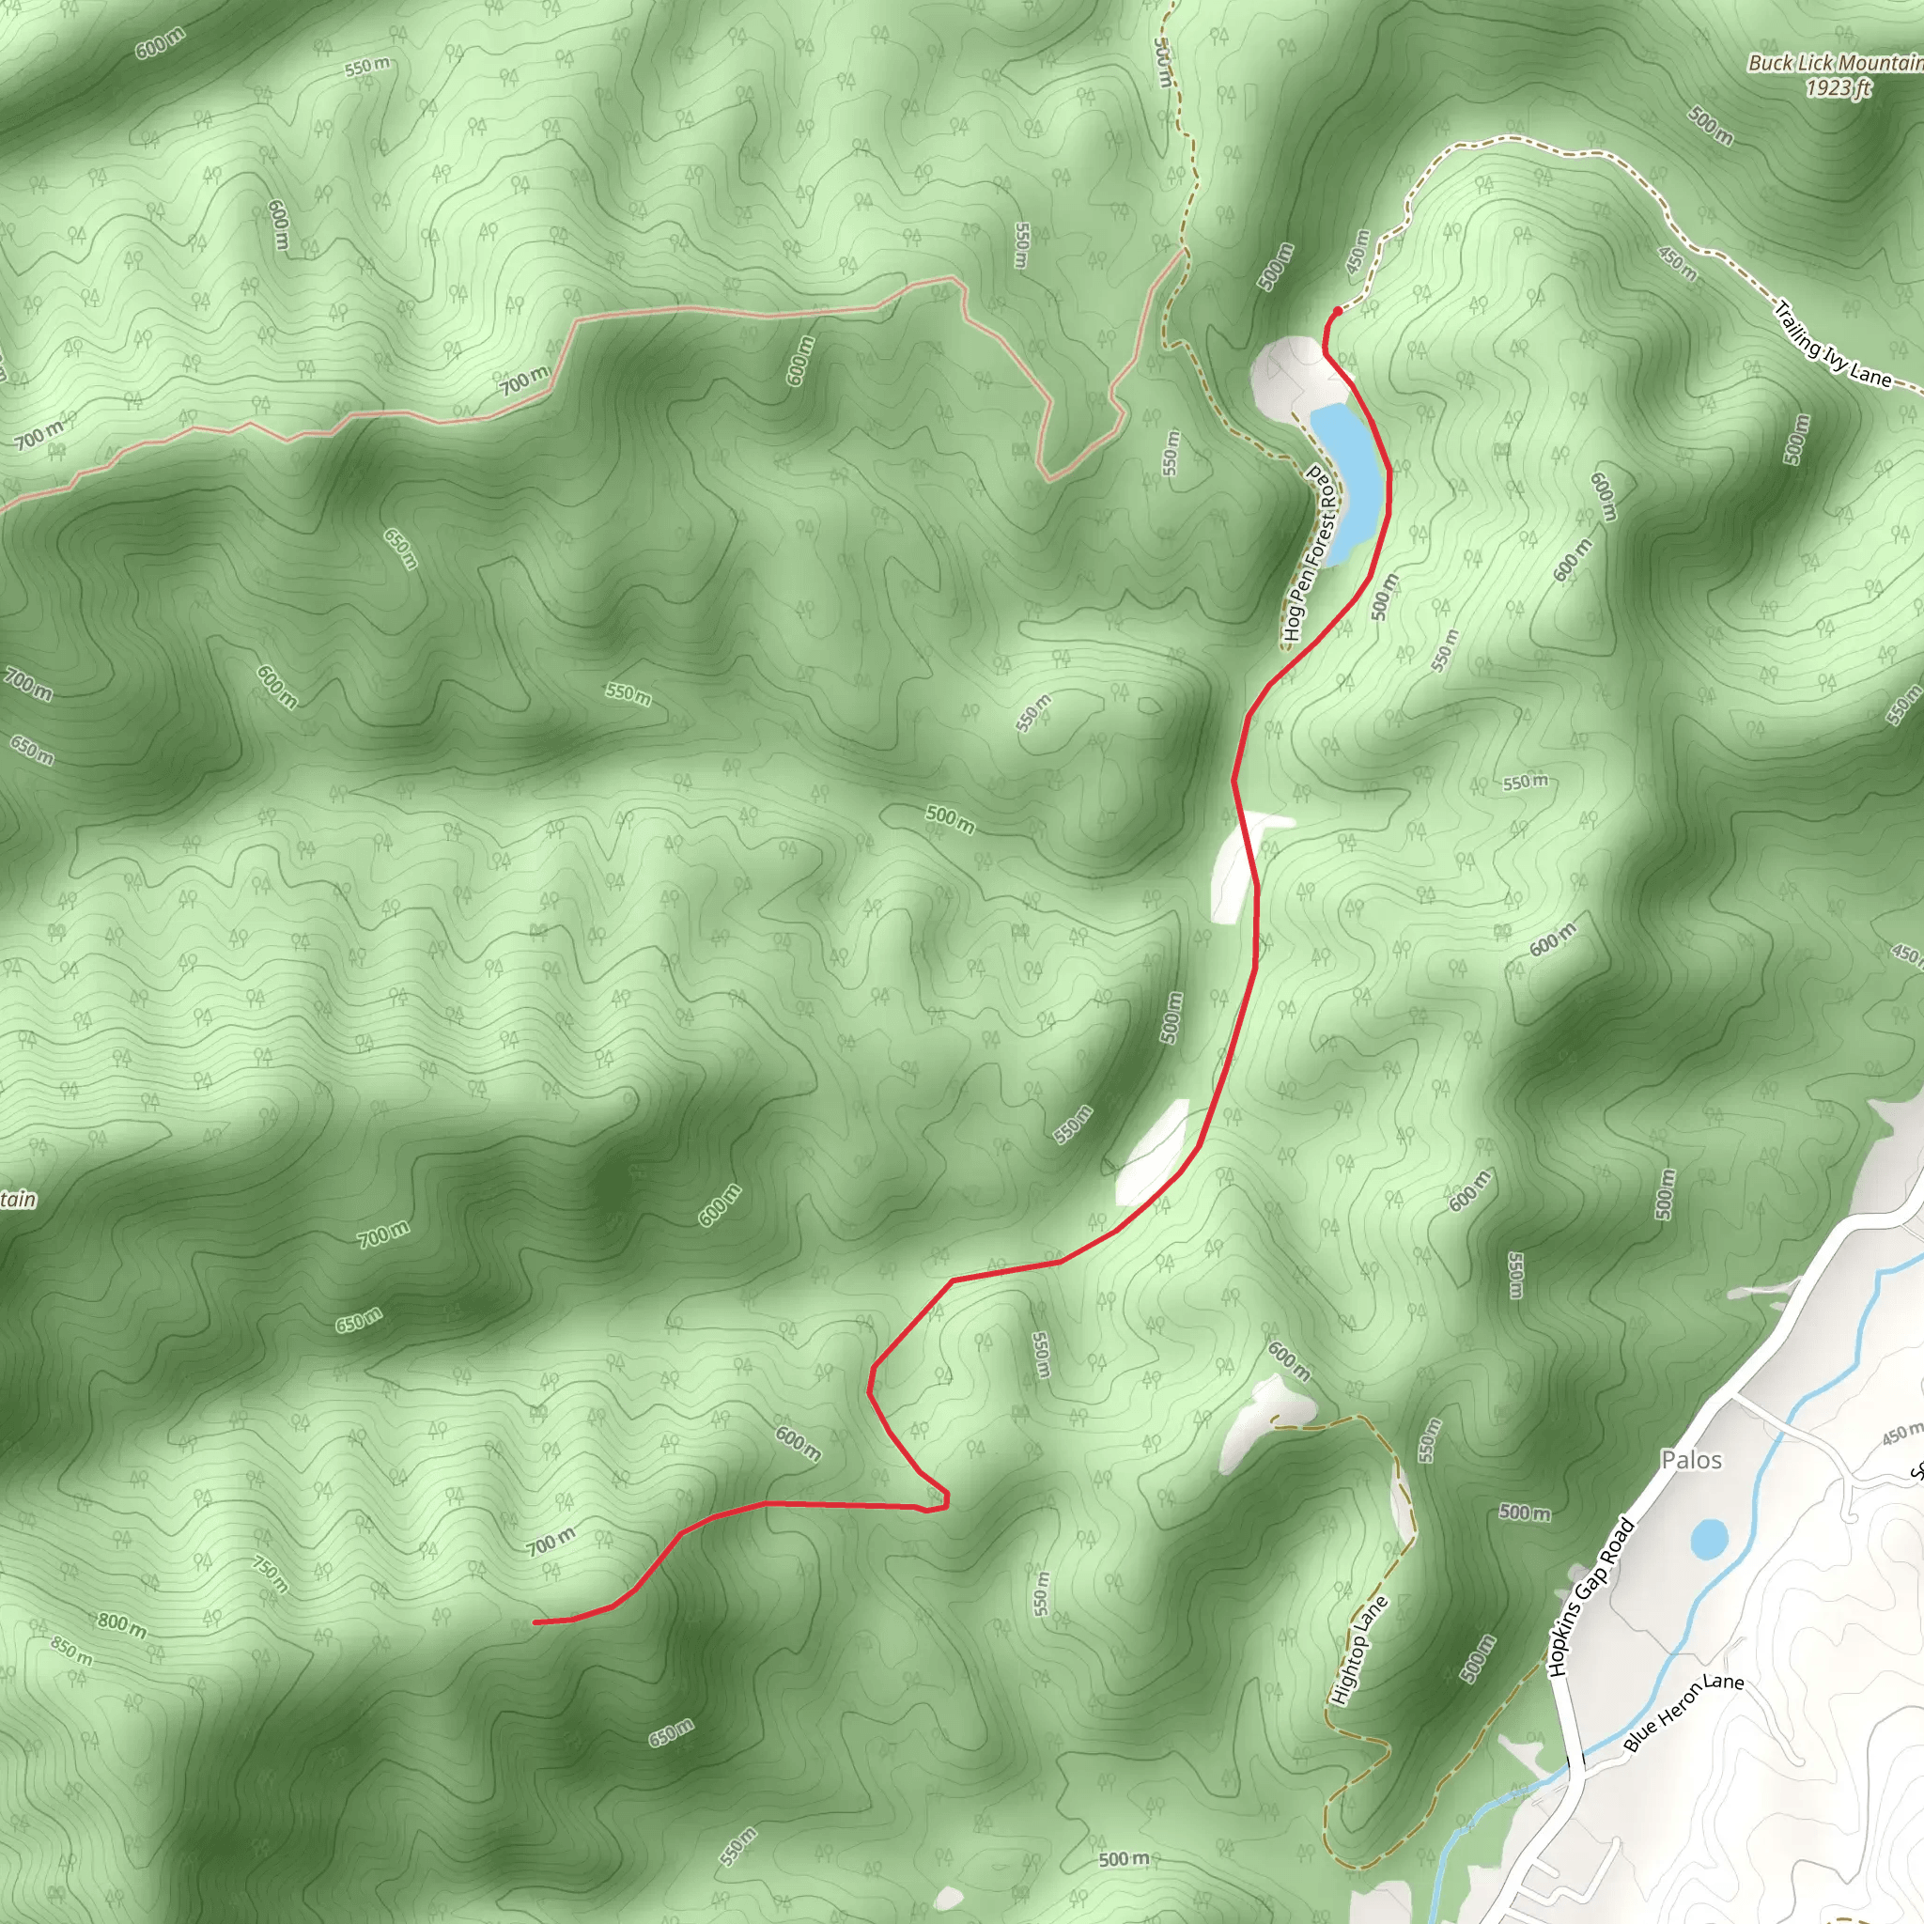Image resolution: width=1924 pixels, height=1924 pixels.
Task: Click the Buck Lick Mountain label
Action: pyautogui.click(x=1835, y=63)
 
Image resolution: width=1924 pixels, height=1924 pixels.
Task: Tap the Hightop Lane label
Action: pyautogui.click(x=1358, y=1650)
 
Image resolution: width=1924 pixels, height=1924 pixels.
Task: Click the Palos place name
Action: pyautogui.click(x=1691, y=1460)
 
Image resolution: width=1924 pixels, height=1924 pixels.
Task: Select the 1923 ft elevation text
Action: pyautogui.click(x=1839, y=88)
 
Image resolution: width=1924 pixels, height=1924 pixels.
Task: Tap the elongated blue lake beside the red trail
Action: pyautogui.click(x=1348, y=480)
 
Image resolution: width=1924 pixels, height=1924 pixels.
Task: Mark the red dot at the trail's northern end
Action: pyautogui.click(x=1337, y=311)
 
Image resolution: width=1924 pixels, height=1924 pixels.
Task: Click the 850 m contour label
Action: pyautogui.click(x=70, y=1652)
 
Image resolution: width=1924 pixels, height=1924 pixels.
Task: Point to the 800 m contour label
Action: pyautogui.click(x=121, y=1624)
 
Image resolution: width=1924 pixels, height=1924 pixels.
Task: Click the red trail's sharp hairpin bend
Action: pyautogui.click(x=941, y=1499)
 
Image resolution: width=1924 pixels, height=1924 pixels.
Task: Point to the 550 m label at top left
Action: pyautogui.click(x=367, y=68)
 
